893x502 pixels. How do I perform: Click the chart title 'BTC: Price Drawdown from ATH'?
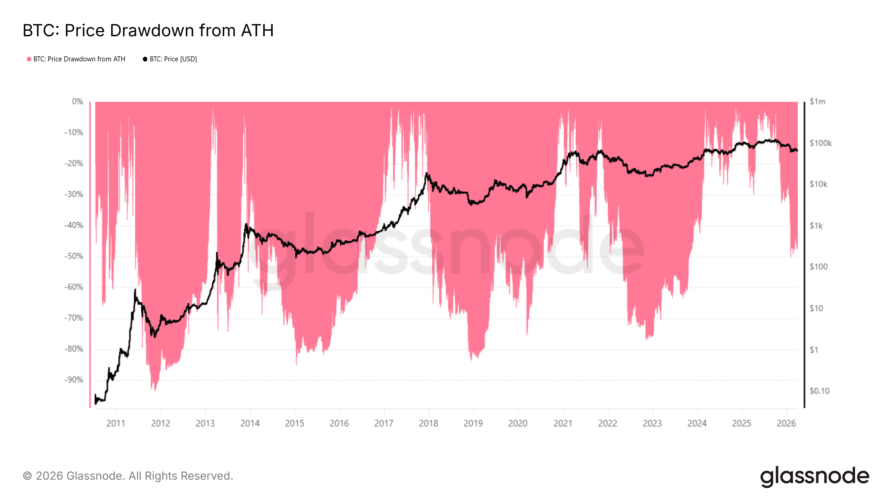(148, 30)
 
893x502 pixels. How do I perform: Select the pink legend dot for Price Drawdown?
(29, 59)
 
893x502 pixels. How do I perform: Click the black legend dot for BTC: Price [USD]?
(145, 59)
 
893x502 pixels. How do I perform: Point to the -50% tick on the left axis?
(74, 256)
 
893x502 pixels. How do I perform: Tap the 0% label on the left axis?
(77, 102)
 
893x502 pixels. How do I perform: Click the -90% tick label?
(74, 380)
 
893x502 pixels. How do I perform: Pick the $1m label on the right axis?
(817, 102)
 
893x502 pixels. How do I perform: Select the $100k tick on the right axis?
(820, 143)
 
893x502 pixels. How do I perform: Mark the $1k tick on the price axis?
(816, 226)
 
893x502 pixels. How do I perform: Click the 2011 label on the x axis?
(116, 423)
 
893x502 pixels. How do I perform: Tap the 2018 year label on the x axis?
(428, 423)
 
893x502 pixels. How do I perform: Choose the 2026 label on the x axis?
(786, 423)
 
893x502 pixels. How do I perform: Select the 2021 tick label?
(563, 423)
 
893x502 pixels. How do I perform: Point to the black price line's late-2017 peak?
(426, 173)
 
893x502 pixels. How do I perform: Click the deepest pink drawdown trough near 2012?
(155, 390)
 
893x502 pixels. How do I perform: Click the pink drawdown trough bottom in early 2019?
(471, 359)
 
